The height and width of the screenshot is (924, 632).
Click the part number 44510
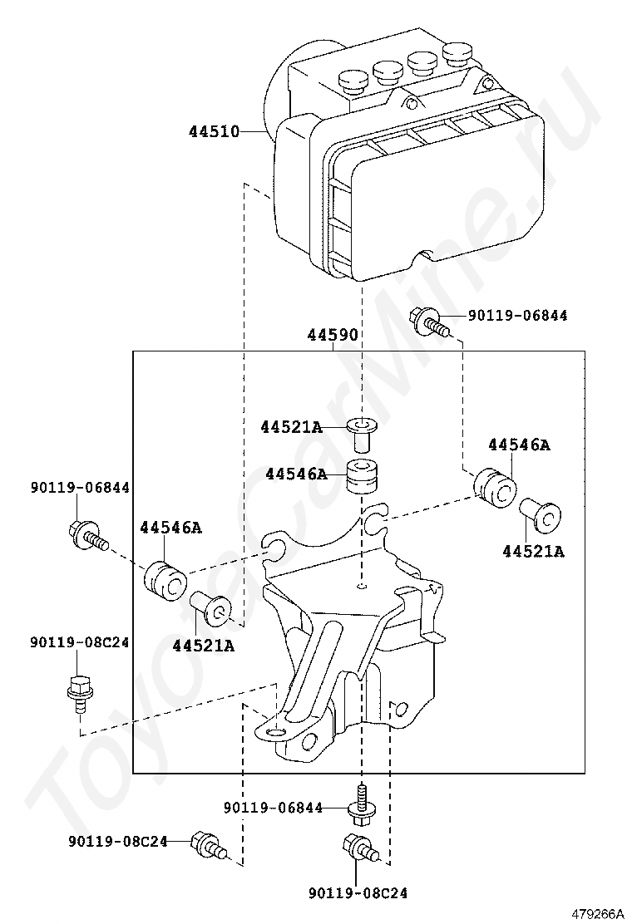[x=214, y=131]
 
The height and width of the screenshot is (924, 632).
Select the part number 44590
[x=333, y=336]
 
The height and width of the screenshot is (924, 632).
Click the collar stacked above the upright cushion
[x=361, y=433]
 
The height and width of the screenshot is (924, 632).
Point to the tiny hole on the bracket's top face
[x=363, y=586]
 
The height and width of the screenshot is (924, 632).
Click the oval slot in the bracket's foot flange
[x=275, y=732]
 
